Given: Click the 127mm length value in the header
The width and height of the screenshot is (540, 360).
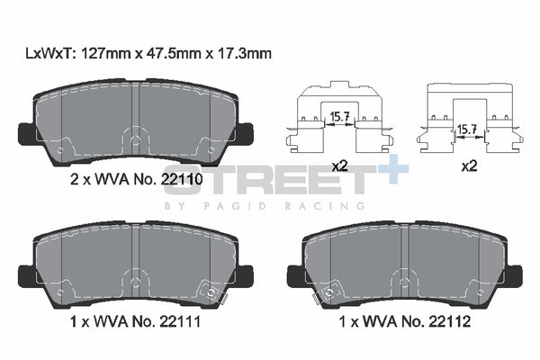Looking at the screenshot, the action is pyautogui.click(x=105, y=53).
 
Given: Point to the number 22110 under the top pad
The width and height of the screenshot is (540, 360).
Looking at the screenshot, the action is pyautogui.click(x=182, y=179).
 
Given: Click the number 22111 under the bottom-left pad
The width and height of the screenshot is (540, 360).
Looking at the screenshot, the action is pyautogui.click(x=180, y=322).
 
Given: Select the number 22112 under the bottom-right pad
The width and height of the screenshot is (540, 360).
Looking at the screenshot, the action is pyautogui.click(x=450, y=322).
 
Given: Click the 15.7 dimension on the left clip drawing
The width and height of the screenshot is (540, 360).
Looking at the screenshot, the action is pyautogui.click(x=340, y=117).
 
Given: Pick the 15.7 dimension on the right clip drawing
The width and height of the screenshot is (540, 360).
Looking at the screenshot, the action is pyautogui.click(x=467, y=130).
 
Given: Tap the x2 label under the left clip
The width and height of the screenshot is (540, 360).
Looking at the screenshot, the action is pyautogui.click(x=339, y=166).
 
